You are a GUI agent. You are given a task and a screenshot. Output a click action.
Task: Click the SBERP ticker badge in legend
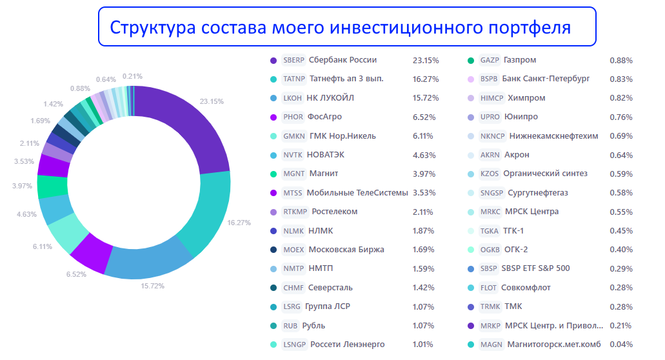coord(293,60)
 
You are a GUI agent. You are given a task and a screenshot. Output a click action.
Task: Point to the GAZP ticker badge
coord(490,60)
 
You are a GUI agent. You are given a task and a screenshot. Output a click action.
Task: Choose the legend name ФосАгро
coord(324,117)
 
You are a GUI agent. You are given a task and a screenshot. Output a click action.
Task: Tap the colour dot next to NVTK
coord(273,155)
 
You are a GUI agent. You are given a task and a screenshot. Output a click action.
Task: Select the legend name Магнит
coord(324,174)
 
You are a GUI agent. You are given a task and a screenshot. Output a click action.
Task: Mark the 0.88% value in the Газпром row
coord(621,61)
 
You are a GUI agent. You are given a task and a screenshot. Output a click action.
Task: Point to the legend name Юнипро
coord(522,117)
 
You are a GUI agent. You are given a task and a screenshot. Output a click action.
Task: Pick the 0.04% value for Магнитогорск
coord(621,345)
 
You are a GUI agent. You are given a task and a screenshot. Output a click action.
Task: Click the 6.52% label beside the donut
coord(75,274)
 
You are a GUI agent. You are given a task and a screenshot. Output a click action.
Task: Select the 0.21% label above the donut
coord(132,75)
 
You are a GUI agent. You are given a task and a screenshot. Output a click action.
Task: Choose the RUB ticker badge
coord(291,325)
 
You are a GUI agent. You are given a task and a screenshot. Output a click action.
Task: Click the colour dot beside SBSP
coord(471,268)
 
